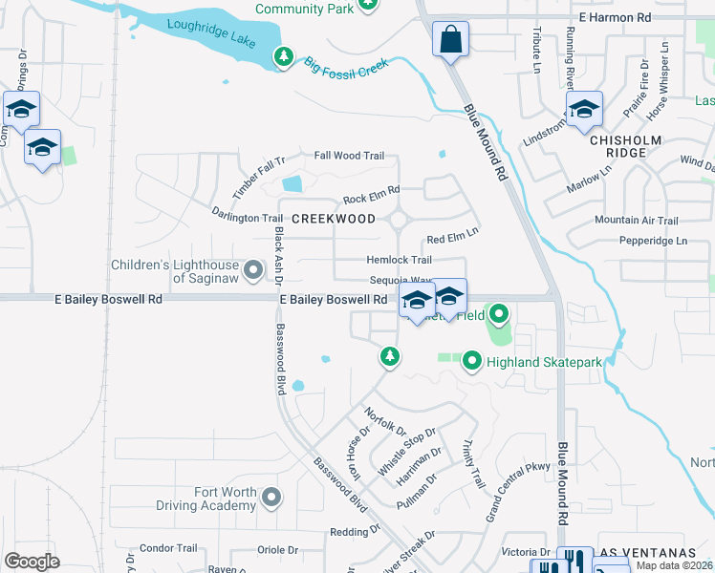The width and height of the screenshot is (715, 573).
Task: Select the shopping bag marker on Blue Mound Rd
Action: [x=450, y=41]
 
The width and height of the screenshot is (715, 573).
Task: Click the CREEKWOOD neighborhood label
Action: [x=334, y=219]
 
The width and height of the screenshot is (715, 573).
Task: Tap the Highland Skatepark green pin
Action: [x=471, y=362]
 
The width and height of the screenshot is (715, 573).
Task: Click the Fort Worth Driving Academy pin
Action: [x=272, y=497]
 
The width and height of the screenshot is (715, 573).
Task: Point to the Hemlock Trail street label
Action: [x=400, y=260]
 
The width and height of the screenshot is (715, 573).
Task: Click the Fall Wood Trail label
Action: [x=349, y=156]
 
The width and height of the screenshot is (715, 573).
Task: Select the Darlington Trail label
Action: [x=248, y=217]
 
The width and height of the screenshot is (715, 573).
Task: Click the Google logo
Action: [x=32, y=561]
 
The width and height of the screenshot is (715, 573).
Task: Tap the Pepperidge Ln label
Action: [x=653, y=241]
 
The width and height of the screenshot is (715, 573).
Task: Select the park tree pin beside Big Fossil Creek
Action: [x=283, y=57]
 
